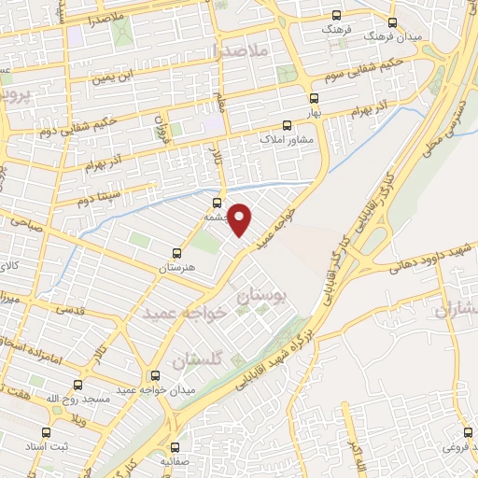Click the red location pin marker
241,218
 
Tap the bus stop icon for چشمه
218,203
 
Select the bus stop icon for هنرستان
177,253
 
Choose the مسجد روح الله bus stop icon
77,385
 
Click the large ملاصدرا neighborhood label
240,48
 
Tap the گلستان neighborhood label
200,358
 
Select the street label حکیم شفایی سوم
304,64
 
